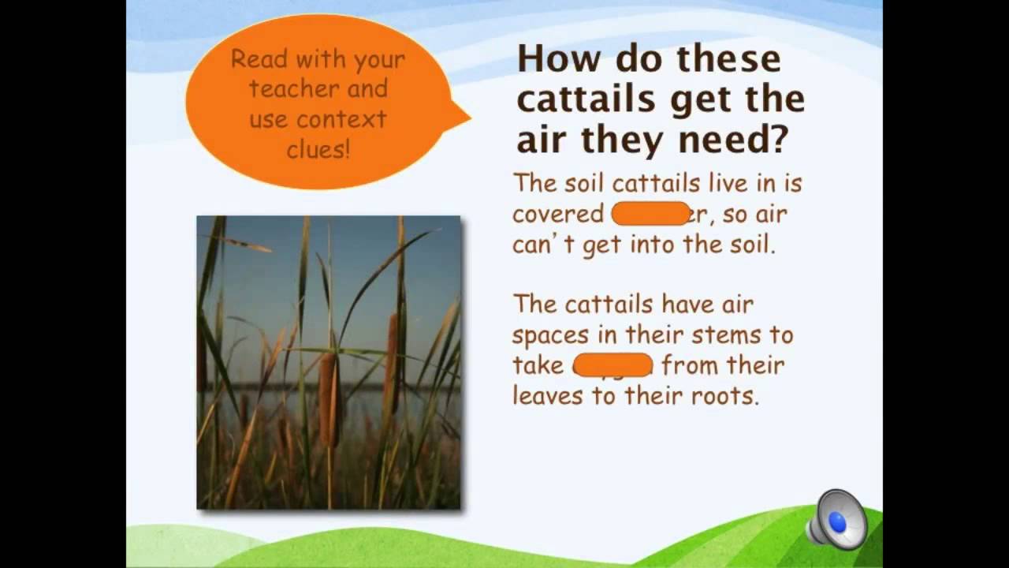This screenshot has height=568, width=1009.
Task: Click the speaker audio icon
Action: (x=837, y=521)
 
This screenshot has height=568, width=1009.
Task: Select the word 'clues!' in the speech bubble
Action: (x=318, y=149)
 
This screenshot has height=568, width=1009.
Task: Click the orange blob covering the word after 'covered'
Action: (x=651, y=214)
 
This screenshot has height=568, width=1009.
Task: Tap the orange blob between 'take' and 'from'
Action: (x=612, y=365)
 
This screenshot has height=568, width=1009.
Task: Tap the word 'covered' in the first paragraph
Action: (x=558, y=215)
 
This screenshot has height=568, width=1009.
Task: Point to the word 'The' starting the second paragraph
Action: (x=533, y=305)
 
